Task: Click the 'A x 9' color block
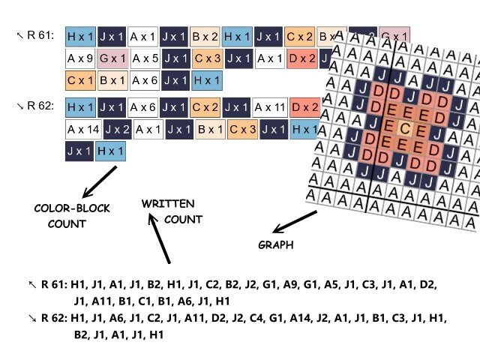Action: [79, 57]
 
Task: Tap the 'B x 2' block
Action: [205, 35]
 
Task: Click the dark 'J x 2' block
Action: [117, 129]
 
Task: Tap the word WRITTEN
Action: [168, 203]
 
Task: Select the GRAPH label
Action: [274, 244]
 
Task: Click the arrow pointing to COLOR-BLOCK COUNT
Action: [100, 181]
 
